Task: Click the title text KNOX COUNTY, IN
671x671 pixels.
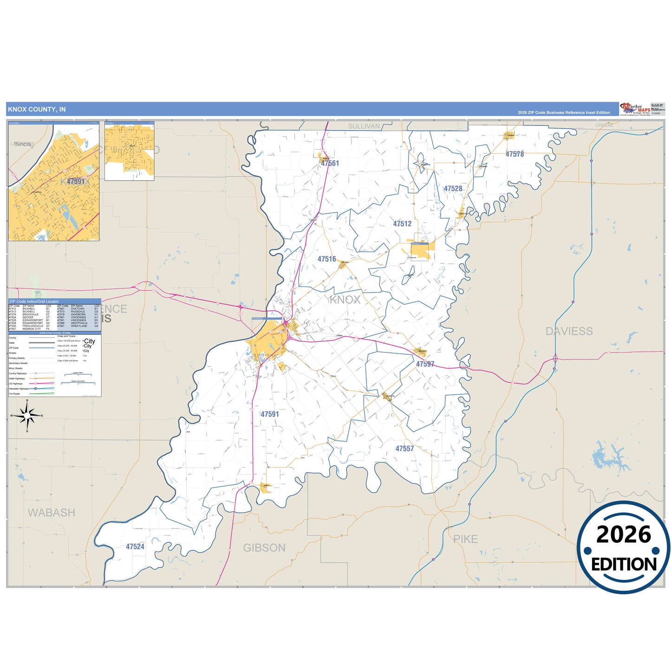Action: (x=37, y=110)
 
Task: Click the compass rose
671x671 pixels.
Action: (x=27, y=416)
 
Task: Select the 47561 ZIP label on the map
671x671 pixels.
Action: (x=330, y=163)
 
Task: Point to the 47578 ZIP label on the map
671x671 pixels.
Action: (x=515, y=154)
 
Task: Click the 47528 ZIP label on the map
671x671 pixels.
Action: (x=453, y=189)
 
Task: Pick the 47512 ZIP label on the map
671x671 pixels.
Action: (x=402, y=224)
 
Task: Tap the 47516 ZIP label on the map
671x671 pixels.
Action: (x=326, y=259)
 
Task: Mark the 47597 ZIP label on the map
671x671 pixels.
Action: (x=425, y=364)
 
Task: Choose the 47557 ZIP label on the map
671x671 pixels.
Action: (x=404, y=449)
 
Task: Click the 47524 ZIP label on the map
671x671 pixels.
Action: (x=135, y=547)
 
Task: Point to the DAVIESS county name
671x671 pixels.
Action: (x=569, y=331)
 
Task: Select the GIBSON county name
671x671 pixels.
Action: (x=264, y=548)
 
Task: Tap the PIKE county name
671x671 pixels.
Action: (x=465, y=539)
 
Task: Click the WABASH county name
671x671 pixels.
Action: (x=52, y=513)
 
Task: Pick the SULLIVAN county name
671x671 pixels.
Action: (x=364, y=126)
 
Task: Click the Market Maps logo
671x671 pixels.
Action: (x=635, y=109)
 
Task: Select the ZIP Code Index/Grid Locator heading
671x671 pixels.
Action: (x=34, y=301)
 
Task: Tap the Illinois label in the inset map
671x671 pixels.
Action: (x=23, y=144)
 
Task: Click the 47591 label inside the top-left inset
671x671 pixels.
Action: (x=76, y=182)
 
